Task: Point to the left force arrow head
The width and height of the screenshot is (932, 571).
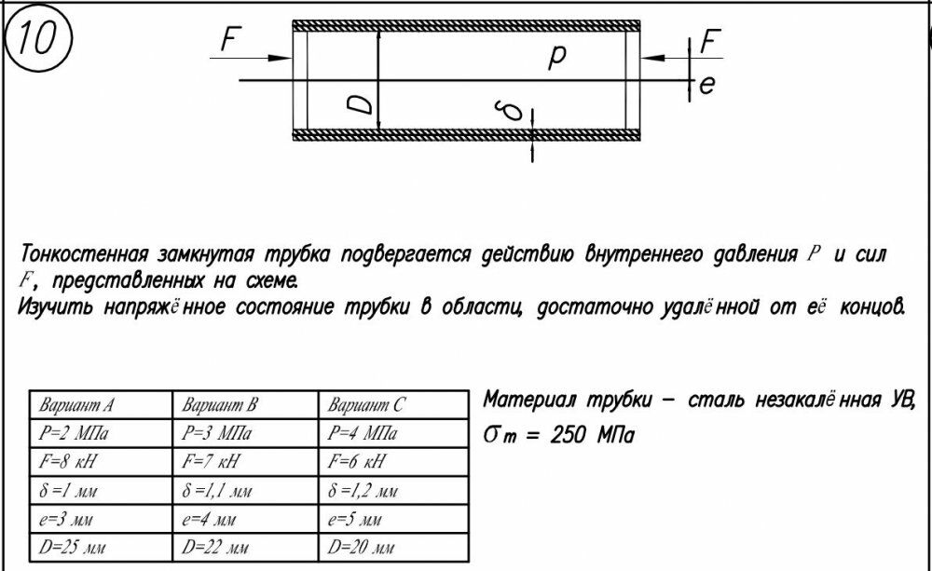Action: (280, 59)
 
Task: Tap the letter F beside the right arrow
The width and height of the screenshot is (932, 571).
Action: (709, 42)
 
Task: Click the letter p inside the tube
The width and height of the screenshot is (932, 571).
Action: (557, 58)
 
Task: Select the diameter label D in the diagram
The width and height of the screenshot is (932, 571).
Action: (360, 104)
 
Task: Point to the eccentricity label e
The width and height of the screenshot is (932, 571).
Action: (706, 85)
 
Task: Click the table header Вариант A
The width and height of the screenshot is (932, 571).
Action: (76, 405)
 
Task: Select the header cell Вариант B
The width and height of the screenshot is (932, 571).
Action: (219, 405)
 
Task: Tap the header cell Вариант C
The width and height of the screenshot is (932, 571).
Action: (365, 405)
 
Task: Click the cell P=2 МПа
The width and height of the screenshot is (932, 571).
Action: (74, 433)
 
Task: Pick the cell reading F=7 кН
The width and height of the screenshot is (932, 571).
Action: (210, 461)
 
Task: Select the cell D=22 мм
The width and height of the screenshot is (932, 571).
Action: (214, 547)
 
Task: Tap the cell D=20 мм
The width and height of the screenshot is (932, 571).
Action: (360, 547)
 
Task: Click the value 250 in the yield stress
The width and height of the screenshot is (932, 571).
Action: (569, 436)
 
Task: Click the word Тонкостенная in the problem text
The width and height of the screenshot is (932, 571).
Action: (84, 254)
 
